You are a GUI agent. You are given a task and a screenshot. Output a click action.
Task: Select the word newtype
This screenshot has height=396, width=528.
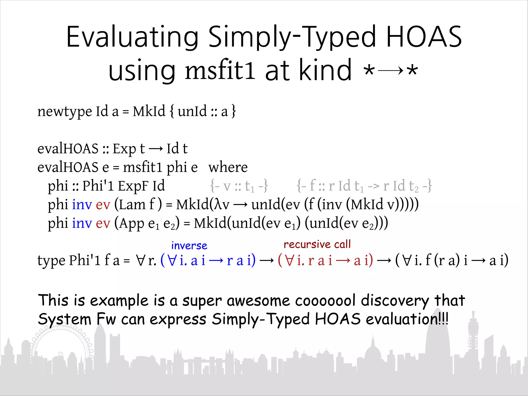64,112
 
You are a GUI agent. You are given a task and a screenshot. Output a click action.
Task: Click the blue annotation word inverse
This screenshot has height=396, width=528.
189,245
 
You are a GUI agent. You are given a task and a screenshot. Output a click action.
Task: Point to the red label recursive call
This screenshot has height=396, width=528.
317,244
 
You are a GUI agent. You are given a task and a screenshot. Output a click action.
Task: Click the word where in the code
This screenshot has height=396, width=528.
228,167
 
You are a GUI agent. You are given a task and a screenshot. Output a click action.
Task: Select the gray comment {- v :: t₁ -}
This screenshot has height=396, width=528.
239,186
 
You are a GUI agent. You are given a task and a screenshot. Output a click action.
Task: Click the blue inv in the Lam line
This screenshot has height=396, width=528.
82,204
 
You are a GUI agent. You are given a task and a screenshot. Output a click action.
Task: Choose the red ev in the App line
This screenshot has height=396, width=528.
103,223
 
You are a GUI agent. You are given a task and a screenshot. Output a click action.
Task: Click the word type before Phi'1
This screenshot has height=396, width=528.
51,260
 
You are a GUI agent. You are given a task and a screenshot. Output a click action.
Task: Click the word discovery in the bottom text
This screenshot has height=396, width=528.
395,301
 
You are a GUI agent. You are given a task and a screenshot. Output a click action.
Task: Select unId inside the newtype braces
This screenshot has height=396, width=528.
192,112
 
